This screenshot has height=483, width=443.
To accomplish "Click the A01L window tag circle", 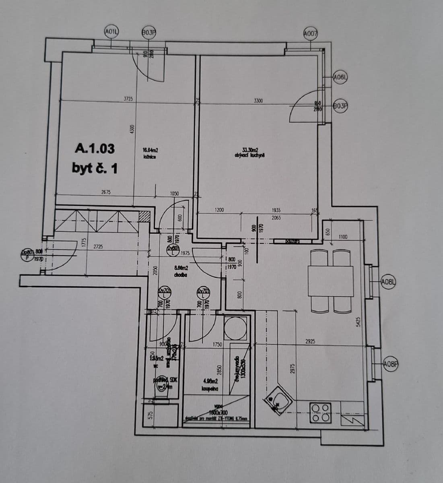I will [110, 31].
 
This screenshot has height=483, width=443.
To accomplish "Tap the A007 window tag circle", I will [311, 34].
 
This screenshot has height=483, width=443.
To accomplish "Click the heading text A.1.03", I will [95, 149].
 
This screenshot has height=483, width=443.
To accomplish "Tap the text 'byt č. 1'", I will [95, 168].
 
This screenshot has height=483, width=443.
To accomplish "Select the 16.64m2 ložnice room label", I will [150, 154].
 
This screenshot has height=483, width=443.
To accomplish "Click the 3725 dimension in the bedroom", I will [128, 98].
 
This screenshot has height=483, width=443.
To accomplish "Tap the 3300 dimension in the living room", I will [258, 100].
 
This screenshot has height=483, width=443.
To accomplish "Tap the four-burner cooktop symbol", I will [320, 413].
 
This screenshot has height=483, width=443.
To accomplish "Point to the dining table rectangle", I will [330, 281].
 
